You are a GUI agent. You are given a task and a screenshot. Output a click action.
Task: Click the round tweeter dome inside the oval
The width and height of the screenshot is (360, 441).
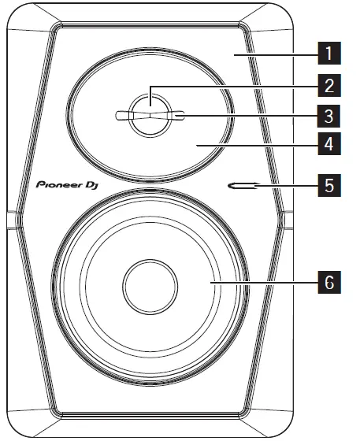pos(150,108)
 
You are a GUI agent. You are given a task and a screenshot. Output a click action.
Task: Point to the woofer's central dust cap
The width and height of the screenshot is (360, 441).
pos(150,281)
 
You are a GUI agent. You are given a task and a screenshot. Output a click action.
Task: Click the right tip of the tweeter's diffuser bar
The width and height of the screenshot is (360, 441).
pos(180,117)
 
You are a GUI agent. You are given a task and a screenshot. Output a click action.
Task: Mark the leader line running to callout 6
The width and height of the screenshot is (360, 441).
pos(264,281)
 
